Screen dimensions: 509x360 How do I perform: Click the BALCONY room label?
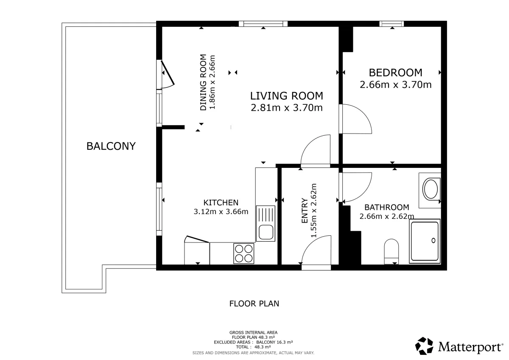[111, 146]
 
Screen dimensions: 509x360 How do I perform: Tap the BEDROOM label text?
[395, 73]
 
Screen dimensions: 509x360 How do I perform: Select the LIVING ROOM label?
[287, 96]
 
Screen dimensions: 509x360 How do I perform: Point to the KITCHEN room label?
[221, 202]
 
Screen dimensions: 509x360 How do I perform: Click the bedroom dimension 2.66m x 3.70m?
[395, 84]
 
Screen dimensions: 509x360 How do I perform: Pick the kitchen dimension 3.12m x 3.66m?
[221, 212]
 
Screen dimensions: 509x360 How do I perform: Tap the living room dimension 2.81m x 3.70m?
[287, 108]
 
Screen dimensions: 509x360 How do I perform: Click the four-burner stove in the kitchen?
[244, 254]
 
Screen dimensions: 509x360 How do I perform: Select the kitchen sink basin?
[266, 232]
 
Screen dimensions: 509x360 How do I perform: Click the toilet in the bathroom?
[391, 251]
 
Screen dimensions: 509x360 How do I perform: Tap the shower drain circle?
[433, 240]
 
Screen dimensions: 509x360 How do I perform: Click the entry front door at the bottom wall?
[316, 267]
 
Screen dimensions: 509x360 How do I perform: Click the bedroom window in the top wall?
[392, 24]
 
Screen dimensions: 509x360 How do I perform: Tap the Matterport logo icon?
[424, 346]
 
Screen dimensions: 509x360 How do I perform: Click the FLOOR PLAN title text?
[254, 304]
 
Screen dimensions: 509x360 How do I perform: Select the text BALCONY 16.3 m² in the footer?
[274, 342]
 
